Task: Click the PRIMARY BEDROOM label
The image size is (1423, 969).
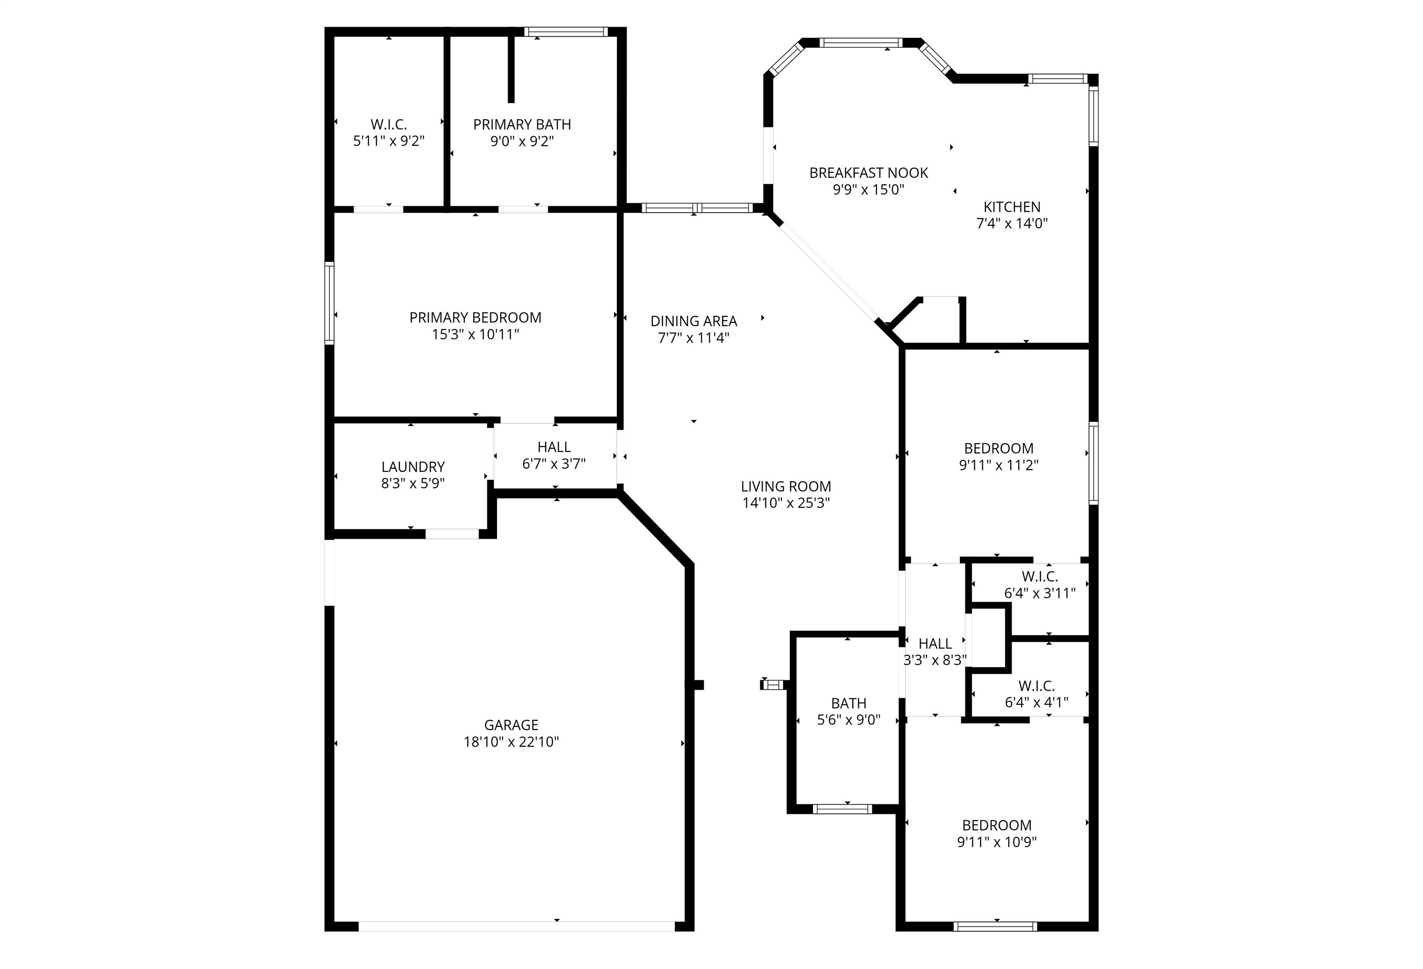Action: (475, 318)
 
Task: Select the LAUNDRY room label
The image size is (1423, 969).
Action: (413, 467)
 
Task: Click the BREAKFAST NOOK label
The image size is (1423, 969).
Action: (868, 173)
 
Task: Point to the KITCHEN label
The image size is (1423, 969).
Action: (1012, 207)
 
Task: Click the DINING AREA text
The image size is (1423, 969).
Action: (693, 321)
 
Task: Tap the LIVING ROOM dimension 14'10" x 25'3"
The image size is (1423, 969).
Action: (786, 503)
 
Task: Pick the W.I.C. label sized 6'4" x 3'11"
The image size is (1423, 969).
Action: (1039, 577)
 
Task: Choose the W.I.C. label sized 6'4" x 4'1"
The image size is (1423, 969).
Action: (1036, 686)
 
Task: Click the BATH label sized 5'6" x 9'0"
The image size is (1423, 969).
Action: (848, 703)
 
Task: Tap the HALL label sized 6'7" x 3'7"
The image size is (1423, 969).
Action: (554, 447)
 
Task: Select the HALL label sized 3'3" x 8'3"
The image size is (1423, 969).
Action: (935, 644)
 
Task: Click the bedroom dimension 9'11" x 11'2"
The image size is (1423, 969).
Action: (998, 465)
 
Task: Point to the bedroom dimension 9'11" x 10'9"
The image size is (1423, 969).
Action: (996, 842)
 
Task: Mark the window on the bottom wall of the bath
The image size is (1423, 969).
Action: (842, 809)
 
